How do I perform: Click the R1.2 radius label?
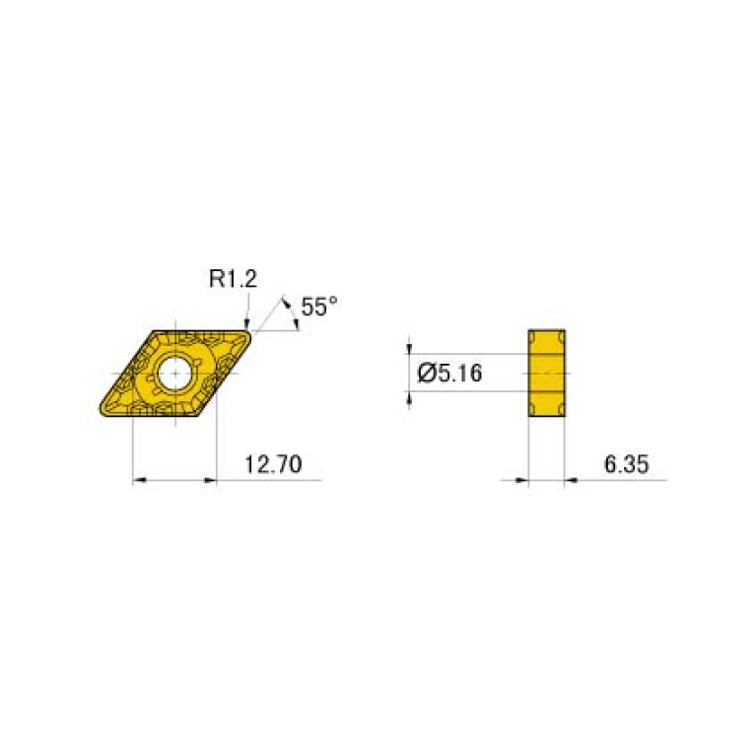pyautogui.click(x=233, y=280)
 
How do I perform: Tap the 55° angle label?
pyautogui.click(x=318, y=307)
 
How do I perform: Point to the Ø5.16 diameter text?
pyautogui.click(x=449, y=373)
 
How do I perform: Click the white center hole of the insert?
pyautogui.click(x=176, y=374)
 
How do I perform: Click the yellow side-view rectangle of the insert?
pyautogui.click(x=547, y=374)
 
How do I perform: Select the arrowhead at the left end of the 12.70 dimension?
pyautogui.click(x=139, y=480)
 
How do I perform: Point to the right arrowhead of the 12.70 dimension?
pyautogui.click(x=209, y=480)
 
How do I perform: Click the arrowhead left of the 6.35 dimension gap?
pyautogui.click(x=522, y=480)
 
